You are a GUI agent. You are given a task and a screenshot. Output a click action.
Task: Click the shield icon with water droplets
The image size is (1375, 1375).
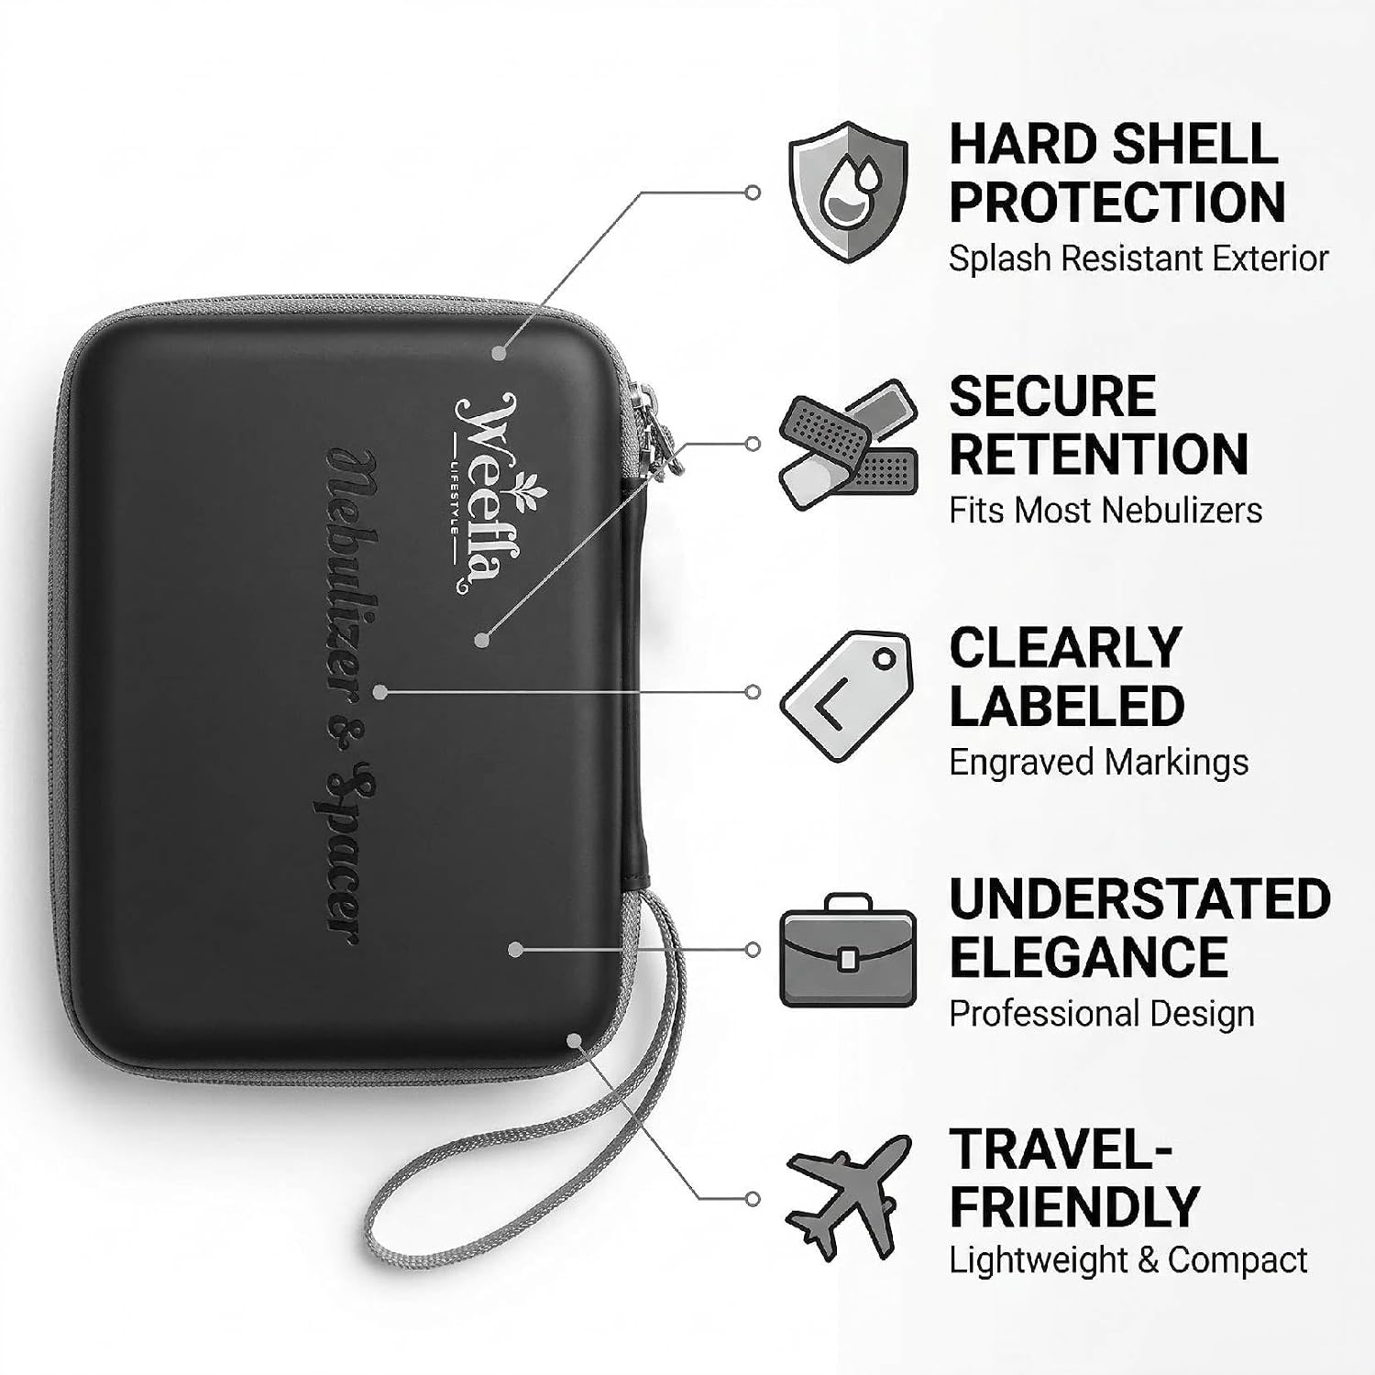848,192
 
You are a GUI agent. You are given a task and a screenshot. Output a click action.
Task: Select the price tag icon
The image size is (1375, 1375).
848,696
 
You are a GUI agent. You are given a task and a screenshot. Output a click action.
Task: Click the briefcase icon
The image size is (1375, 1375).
848,950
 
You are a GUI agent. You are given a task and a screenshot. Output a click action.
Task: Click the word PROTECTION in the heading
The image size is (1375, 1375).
1116,202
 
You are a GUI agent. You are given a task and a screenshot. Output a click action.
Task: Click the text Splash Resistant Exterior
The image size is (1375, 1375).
1138,258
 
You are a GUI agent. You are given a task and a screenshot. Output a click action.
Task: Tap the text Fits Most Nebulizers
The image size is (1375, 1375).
1105,510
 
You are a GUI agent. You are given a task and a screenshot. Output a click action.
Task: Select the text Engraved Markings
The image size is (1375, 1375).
1098,763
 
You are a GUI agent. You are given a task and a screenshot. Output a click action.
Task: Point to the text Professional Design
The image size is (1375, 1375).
1102,1014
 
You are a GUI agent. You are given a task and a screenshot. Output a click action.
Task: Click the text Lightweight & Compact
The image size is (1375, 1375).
1127,1260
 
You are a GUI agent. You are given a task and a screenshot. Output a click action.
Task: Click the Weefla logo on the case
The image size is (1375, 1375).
483,493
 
